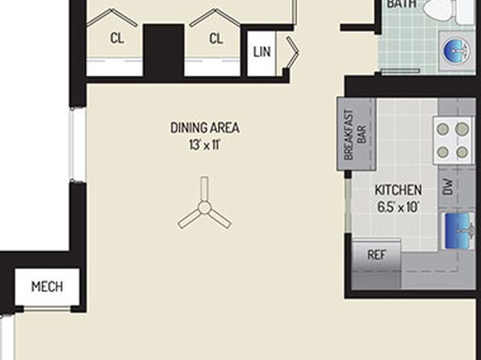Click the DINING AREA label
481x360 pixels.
click(x=205, y=128)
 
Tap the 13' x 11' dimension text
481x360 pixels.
click(x=205, y=144)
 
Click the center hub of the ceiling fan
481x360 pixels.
click(x=204, y=207)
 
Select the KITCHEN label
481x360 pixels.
click(x=398, y=190)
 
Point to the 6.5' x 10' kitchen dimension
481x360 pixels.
click(x=398, y=207)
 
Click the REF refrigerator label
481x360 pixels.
click(x=376, y=255)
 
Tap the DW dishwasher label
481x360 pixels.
click(x=448, y=187)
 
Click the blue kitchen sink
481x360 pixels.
click(x=458, y=231)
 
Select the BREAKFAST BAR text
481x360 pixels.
click(x=355, y=135)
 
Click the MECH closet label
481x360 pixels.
click(x=48, y=287)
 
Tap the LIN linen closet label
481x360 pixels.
click(x=262, y=52)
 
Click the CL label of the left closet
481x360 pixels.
click(x=117, y=39)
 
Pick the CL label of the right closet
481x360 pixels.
click(x=216, y=39)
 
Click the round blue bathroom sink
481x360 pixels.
click(x=457, y=51)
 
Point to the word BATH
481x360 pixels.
click(x=402, y=4)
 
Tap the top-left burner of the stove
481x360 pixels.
click(x=442, y=129)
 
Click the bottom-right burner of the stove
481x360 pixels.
click(x=462, y=152)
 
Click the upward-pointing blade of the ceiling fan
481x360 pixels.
click(x=204, y=189)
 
